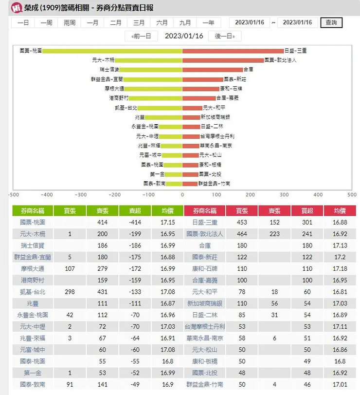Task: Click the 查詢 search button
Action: pos(331,22)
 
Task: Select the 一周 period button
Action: pos(46,22)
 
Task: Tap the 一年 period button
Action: pos(208,22)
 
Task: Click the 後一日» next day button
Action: pos(225,36)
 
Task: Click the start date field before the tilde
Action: pos(249,22)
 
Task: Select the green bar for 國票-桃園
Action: pos(112,51)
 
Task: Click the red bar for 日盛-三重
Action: pos(233,51)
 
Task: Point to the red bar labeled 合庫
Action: pos(212,70)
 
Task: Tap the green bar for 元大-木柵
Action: pos(148,60)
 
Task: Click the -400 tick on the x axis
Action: pos(47,194)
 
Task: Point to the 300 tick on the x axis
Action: pos(284,194)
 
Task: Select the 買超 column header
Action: pos(307,211)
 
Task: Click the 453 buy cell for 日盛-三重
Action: pos(242,223)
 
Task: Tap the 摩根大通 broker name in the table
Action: pos(33,269)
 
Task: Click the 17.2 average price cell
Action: pos(340,257)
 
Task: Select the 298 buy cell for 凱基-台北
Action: pos(70,292)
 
